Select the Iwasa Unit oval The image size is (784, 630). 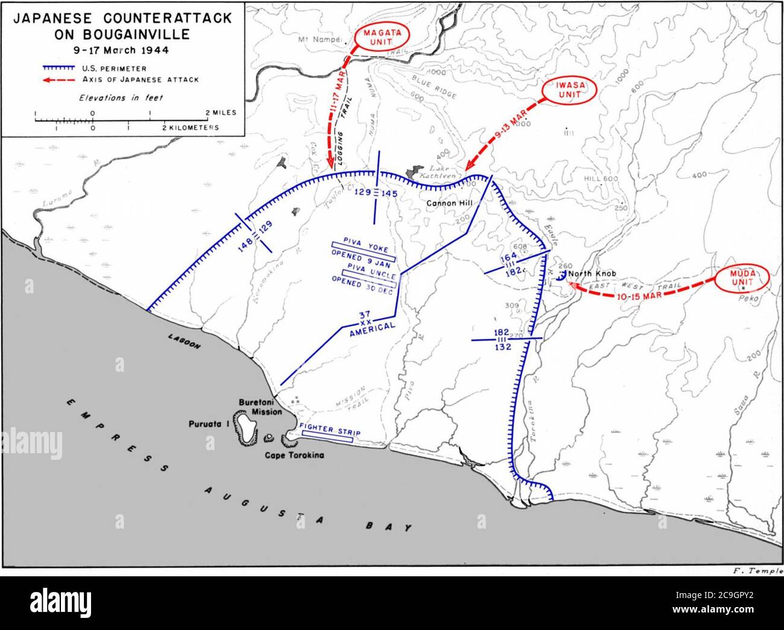tap(569, 91)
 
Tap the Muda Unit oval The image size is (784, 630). tap(743, 279)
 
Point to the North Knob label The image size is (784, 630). tap(592, 273)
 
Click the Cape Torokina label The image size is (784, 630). tap(294, 455)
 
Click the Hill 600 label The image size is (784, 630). tap(601, 179)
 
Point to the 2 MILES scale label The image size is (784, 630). tap(221, 113)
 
